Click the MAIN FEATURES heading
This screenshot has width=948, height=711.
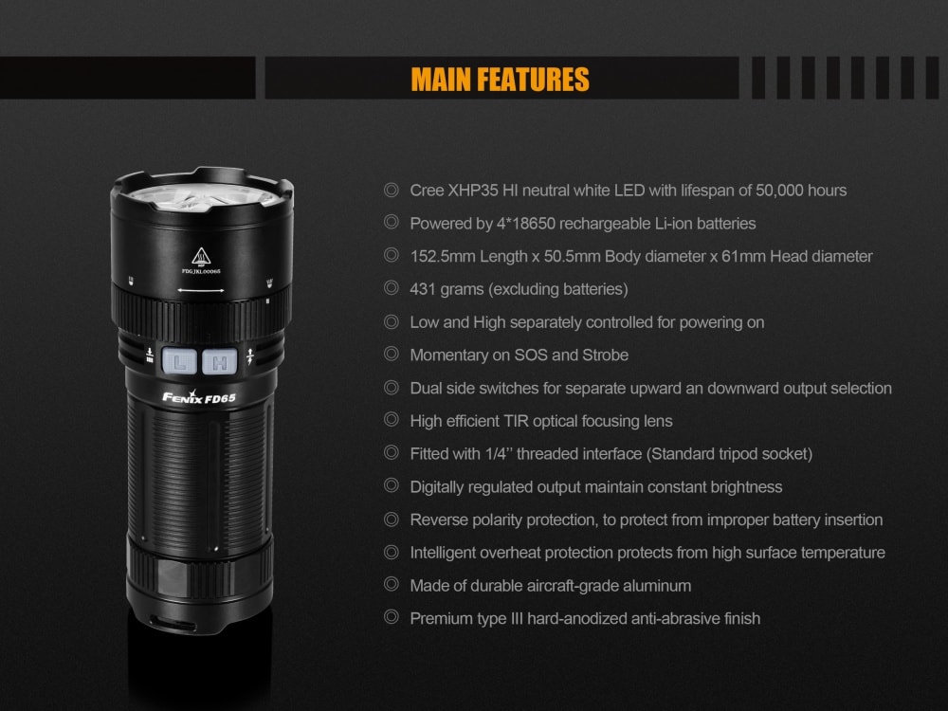pyautogui.click(x=500, y=79)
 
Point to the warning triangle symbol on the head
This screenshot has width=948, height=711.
pyautogui.click(x=201, y=256)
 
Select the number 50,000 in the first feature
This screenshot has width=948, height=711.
pyautogui.click(x=777, y=191)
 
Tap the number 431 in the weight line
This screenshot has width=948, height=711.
pyautogui.click(x=423, y=289)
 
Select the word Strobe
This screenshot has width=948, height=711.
pyautogui.click(x=602, y=355)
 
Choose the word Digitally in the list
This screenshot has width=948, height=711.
pyautogui.click(x=438, y=486)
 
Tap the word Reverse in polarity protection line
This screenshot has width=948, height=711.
pyautogui.click(x=437, y=520)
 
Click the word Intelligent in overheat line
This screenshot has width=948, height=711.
pyautogui.click(x=446, y=553)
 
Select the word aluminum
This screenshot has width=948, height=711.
pyautogui.click(x=656, y=586)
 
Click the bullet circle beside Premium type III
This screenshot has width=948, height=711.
pyautogui.click(x=391, y=618)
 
